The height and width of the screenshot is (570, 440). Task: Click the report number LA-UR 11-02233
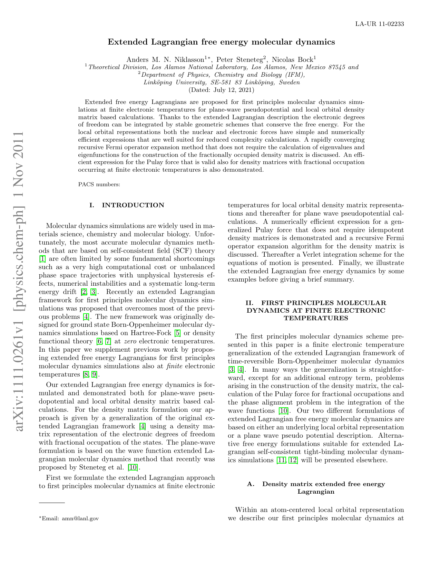(380, 24)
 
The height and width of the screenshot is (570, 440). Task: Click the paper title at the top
(221, 42)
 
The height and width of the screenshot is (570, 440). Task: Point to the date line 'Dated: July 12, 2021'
(221, 90)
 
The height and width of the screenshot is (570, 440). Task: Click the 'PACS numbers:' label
(99, 184)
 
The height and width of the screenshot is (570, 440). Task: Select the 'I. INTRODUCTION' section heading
(127, 205)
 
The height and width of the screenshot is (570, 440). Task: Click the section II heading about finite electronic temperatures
(316, 311)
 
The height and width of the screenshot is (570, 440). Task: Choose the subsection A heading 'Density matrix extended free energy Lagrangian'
(316, 488)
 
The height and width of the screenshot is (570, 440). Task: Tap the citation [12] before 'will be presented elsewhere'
(293, 460)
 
